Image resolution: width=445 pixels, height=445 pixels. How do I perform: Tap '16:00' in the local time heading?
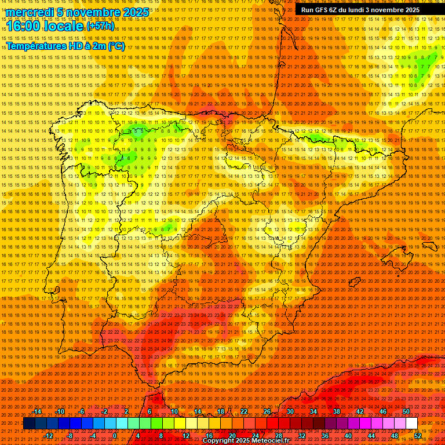tap(23, 26)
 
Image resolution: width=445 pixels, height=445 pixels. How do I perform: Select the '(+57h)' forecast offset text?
tap(100, 26)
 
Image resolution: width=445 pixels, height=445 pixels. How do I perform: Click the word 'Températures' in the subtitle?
tap(35, 46)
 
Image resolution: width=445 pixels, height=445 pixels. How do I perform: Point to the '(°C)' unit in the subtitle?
tap(115, 46)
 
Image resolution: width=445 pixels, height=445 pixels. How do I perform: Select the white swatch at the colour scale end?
tap(411, 424)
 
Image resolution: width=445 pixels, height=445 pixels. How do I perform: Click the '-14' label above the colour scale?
tap(37, 411)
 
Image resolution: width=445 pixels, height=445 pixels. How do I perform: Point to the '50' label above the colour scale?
tap(406, 411)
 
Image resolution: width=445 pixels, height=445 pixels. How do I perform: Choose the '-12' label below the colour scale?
tap(49, 436)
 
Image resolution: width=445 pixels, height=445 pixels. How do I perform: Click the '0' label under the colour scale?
tap(115, 436)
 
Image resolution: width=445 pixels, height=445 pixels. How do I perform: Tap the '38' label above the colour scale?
tap(336, 411)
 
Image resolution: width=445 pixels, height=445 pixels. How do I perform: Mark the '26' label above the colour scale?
tap(267, 411)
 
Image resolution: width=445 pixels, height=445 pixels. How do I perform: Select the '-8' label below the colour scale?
tap(70, 436)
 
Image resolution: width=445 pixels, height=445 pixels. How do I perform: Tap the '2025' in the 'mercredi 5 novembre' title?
tap(136, 12)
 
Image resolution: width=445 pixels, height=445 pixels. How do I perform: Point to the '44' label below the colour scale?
tap(371, 436)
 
